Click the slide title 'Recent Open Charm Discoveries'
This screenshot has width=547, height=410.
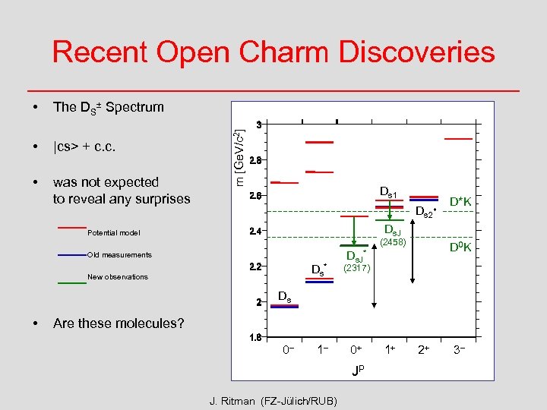point(273,52)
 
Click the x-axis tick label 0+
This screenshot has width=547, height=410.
point(356,351)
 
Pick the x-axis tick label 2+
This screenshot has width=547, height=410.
point(425,351)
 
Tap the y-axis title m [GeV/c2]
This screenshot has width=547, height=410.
point(239,150)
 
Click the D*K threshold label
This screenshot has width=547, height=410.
point(460,202)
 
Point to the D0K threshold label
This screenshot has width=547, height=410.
point(460,248)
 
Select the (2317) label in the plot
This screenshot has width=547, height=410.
point(356,268)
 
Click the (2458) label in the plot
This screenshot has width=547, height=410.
point(394,243)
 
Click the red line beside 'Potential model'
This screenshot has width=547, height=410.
point(72,227)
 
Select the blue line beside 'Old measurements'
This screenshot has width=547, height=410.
point(72,255)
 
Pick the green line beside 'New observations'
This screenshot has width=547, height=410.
point(72,282)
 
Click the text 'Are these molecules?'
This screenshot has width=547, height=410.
point(119,323)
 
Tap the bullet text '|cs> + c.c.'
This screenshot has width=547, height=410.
point(84,146)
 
